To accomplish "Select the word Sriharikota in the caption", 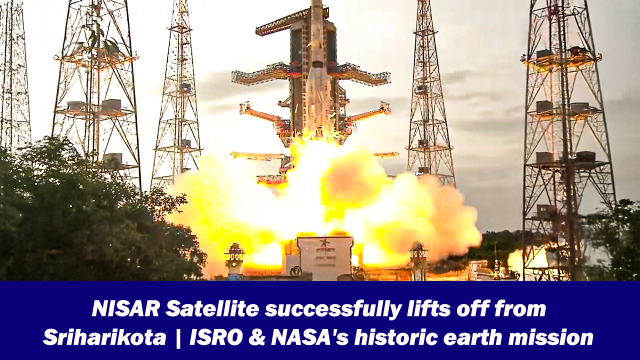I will click(x=104, y=338).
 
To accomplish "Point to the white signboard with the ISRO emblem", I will click(x=325, y=258).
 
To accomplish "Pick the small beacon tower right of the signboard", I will click(x=417, y=257).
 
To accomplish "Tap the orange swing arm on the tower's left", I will click(x=262, y=115).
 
